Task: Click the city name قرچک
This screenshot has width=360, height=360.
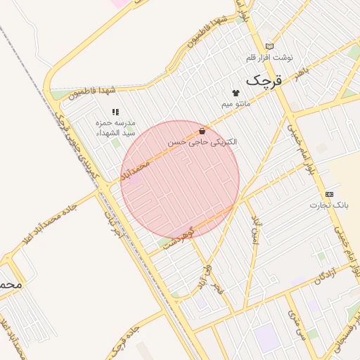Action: click(266, 80)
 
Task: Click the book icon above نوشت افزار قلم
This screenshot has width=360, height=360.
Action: click(269, 46)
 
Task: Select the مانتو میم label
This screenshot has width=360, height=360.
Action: click(236, 103)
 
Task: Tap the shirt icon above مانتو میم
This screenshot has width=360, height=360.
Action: click(235, 93)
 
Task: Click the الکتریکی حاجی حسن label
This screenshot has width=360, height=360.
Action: click(202, 141)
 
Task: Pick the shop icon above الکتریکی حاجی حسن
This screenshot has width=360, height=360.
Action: click(202, 131)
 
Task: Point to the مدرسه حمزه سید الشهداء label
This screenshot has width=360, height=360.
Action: click(116, 127)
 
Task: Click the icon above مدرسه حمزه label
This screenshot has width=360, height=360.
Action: click(115, 112)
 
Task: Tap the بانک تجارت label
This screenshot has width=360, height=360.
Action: click(329, 205)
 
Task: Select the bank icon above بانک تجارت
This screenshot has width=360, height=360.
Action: click(329, 193)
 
